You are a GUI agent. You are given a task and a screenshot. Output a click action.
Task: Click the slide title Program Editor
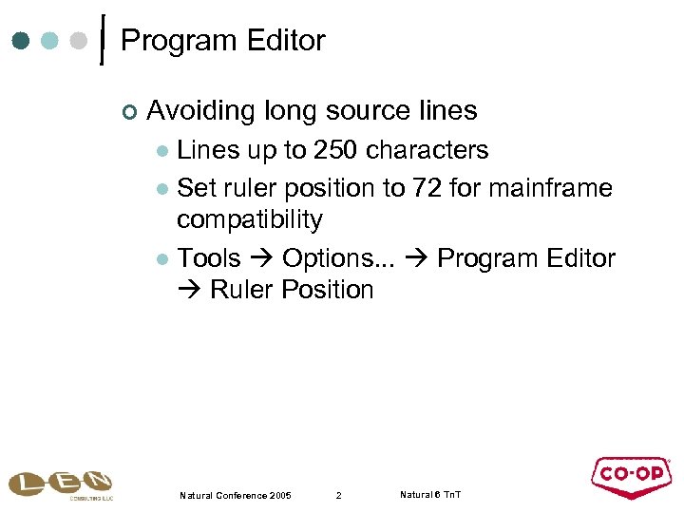(x=223, y=41)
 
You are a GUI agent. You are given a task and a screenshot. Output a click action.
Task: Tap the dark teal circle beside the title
(x=21, y=41)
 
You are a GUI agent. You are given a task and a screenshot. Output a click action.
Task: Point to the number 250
(x=336, y=150)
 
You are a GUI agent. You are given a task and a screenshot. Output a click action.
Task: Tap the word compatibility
(x=250, y=219)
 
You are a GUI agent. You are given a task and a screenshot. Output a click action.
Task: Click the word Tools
(x=209, y=258)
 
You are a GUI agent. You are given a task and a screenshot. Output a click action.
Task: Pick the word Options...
(x=324, y=258)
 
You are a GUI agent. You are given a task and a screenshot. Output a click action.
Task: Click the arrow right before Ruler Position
(x=189, y=290)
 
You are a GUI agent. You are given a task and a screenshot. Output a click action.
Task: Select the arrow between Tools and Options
(x=261, y=258)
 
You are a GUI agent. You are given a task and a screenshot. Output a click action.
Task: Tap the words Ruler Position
(x=292, y=290)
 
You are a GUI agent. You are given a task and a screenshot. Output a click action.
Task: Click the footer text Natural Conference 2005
(x=235, y=496)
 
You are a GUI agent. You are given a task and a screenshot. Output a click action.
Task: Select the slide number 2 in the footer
(x=338, y=496)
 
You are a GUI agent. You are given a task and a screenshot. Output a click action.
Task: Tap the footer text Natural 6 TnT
(x=430, y=495)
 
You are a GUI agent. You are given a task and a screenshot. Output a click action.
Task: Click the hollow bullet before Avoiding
(x=129, y=113)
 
